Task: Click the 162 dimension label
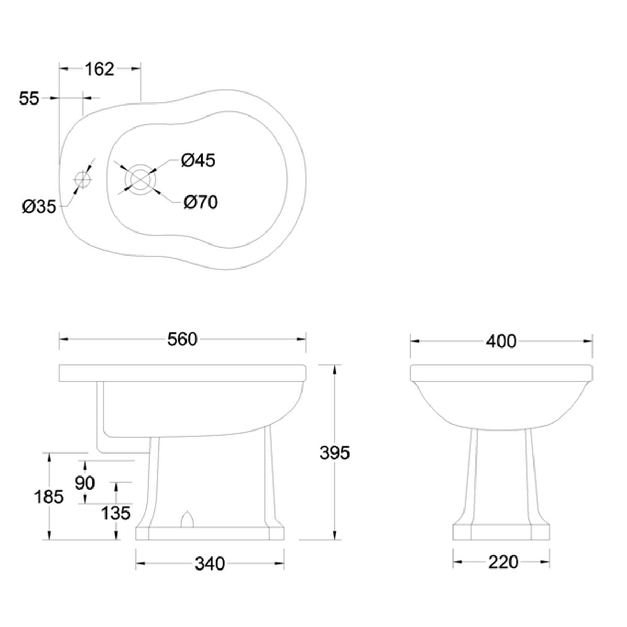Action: (x=99, y=68)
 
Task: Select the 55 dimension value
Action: (x=29, y=98)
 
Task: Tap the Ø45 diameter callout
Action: (x=198, y=160)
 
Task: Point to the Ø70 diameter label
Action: (x=200, y=202)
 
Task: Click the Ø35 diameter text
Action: (x=39, y=207)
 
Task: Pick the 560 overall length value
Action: (x=182, y=339)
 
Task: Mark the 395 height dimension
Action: (x=334, y=452)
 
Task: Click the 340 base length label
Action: (x=210, y=564)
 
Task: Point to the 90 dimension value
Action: (x=85, y=483)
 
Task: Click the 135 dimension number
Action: (x=116, y=513)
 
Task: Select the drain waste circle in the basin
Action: (x=138, y=179)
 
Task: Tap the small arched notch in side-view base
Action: (x=187, y=519)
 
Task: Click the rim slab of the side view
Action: (x=182, y=372)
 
